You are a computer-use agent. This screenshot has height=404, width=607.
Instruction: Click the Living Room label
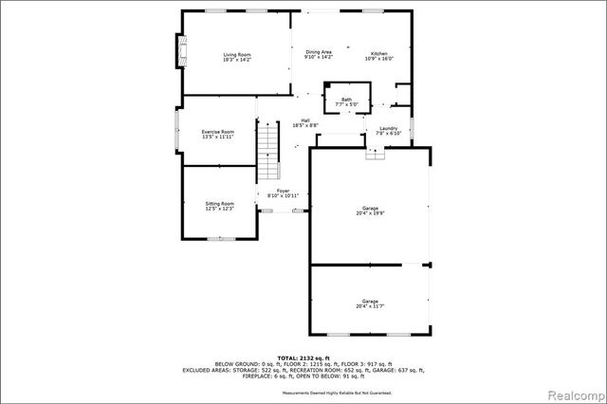pos(236,54)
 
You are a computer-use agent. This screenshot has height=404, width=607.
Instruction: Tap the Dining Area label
pos(318,52)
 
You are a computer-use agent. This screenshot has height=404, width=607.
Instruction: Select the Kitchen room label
pos(378,52)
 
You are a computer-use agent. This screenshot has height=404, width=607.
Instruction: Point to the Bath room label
pos(347,98)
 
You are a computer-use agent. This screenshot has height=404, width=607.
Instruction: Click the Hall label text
pos(305,119)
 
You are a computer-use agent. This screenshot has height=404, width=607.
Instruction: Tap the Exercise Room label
pos(217,132)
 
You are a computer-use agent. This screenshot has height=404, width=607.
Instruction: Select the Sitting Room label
pos(219,203)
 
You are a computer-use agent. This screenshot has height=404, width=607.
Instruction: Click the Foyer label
pos(283,191)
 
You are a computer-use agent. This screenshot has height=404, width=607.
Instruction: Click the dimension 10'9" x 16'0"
pos(378,58)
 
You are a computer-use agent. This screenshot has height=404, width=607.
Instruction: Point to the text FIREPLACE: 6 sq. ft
pos(243,377)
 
